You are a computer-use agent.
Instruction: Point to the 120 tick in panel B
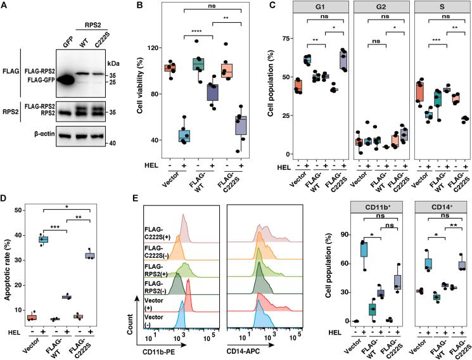[x=151, y=48]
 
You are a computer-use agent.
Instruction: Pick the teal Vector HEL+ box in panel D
[x=44, y=240]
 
